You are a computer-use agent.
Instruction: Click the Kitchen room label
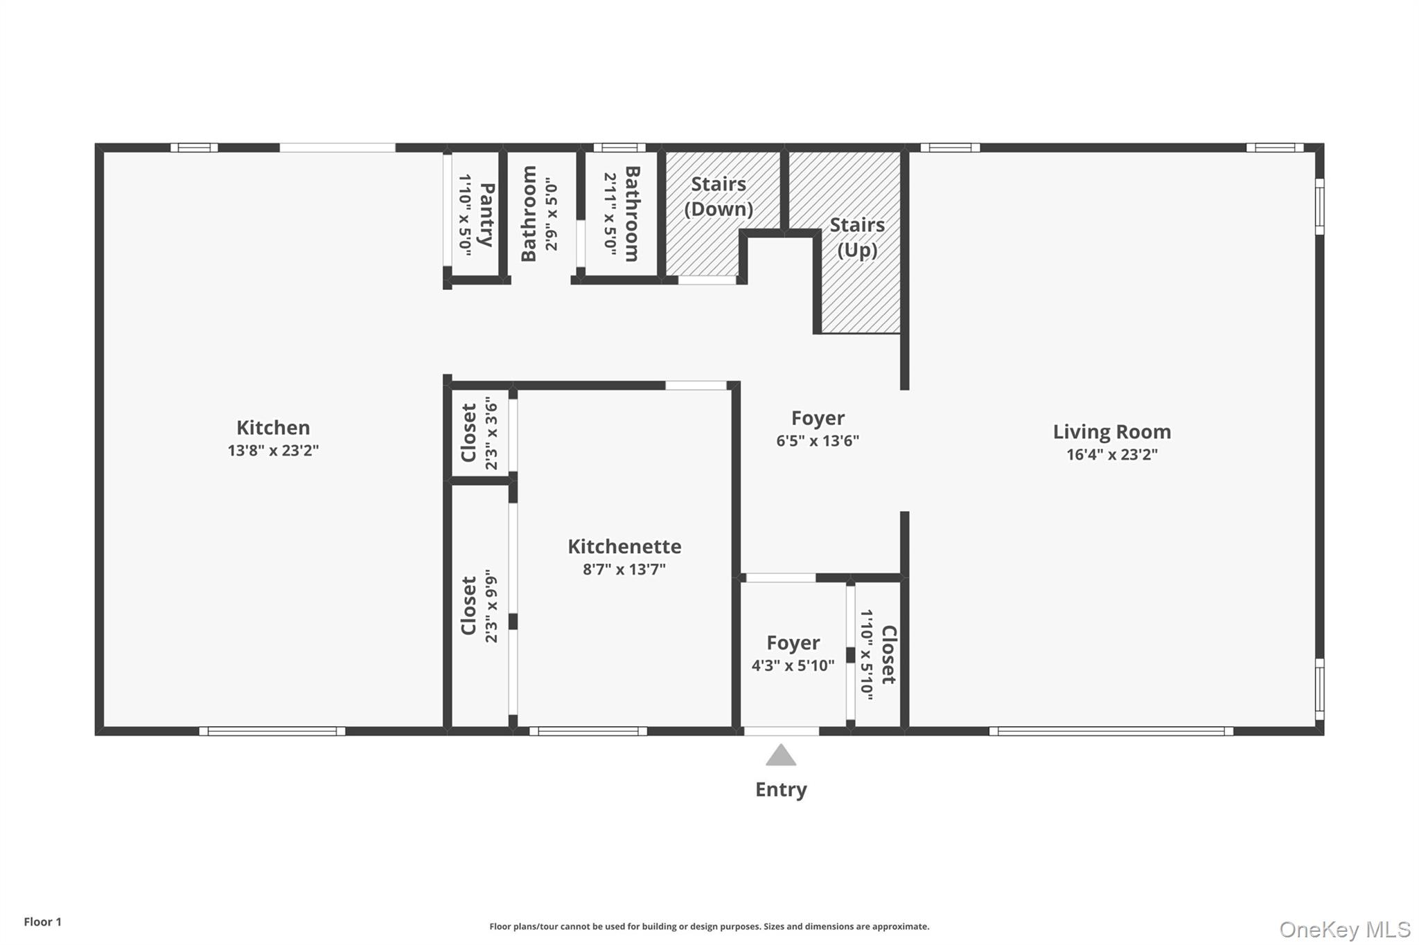[x=273, y=428]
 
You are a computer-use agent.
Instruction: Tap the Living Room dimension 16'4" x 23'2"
[x=1111, y=455]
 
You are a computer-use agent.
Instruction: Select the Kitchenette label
[x=624, y=547]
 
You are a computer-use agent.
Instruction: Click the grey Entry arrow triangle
[x=781, y=756]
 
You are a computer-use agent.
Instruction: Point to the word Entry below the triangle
[x=781, y=790]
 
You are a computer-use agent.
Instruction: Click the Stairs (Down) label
[x=719, y=197]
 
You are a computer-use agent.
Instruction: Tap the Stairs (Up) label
[x=857, y=237]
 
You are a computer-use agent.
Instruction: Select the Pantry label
[x=486, y=215]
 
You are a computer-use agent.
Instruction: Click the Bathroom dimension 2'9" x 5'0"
[x=551, y=215]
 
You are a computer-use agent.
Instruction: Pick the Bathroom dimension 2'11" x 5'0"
[x=610, y=215]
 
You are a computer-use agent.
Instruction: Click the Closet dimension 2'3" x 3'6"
[x=491, y=433]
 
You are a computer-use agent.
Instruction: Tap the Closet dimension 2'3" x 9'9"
[x=491, y=606]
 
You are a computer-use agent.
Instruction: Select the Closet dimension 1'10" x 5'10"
[x=866, y=654]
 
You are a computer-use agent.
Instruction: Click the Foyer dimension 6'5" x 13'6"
[x=818, y=441]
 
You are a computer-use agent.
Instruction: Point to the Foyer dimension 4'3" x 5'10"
[x=793, y=666]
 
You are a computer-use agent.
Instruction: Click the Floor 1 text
[x=42, y=922]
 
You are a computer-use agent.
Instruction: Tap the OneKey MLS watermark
[x=1344, y=930]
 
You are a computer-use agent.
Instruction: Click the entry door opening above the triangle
[x=781, y=731]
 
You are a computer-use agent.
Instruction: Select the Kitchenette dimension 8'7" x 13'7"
[x=624, y=570]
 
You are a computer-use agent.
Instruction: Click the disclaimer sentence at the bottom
[x=709, y=926]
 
